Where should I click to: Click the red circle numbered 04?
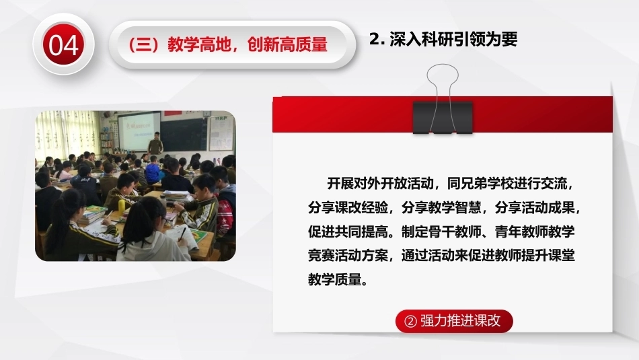pyautogui.click(x=63, y=44)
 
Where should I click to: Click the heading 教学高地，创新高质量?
pyautogui.click(x=247, y=44)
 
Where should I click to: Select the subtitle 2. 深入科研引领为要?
pyautogui.click(x=443, y=39)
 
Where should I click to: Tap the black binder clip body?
pyautogui.click(x=443, y=118)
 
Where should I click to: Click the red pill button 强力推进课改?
pyautogui.click(x=454, y=321)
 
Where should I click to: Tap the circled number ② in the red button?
pyautogui.click(x=410, y=321)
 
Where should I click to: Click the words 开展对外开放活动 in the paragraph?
pyautogui.click(x=380, y=184)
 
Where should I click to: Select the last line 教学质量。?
pyautogui.click(x=338, y=280)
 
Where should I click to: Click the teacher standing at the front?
pyautogui.click(x=155, y=143)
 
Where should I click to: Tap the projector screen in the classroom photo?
pyautogui.click(x=138, y=131)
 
